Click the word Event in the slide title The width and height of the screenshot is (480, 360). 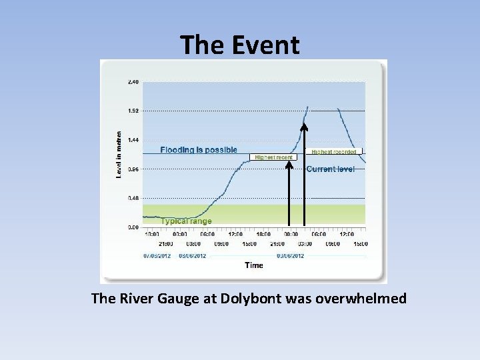pos(266,45)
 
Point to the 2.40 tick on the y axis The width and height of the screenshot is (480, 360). pos(133,82)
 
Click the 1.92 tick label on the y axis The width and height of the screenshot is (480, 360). pos(133,111)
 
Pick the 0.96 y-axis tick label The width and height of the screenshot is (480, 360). pos(133,169)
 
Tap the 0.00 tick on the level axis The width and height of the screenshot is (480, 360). pos(133,227)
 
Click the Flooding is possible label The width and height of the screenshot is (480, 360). pos(199,150)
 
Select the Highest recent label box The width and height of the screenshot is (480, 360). pos(273,157)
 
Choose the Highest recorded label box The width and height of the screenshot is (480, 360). pos(334,152)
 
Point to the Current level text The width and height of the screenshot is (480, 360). pos(331,169)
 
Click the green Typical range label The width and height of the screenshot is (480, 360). pos(186,221)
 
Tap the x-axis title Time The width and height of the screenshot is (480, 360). pos(254,265)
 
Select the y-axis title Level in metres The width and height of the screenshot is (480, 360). pos(119,154)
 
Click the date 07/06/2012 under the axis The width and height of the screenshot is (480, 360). pos(157,255)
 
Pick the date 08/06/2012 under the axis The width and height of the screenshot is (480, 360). pos(193,255)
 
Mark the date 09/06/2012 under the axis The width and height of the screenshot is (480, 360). pos(291,255)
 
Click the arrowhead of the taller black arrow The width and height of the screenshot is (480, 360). pos(304,127)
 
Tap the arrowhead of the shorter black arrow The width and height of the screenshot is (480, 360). pos(289,165)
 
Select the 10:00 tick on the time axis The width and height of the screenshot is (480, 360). pos(152,235)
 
